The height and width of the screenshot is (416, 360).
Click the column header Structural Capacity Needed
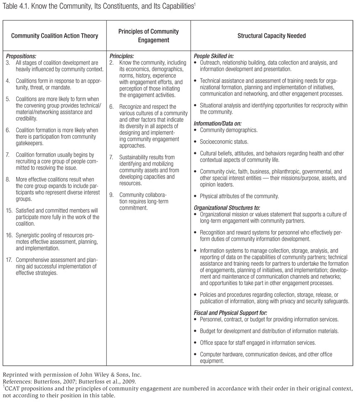point(272,36)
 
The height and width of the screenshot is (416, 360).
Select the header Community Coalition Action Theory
point(54,36)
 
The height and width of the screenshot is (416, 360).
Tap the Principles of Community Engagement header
point(148,36)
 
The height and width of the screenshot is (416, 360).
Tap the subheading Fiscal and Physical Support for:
point(230,312)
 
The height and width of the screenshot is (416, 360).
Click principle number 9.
point(112,195)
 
